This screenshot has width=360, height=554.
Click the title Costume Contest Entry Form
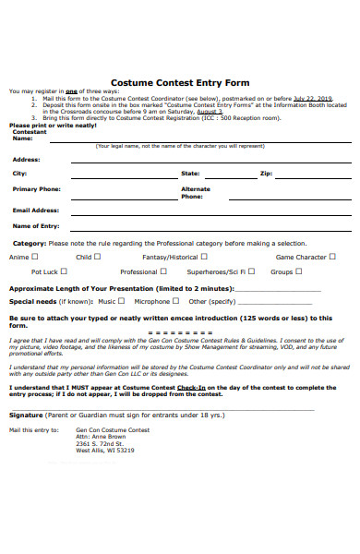click(180, 81)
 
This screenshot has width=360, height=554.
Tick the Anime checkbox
click(34, 257)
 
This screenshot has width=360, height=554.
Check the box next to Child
click(99, 257)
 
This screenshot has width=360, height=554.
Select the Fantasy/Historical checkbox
click(204, 257)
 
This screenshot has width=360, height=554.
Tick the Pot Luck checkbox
click(64, 271)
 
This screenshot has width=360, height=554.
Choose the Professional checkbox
click(163, 271)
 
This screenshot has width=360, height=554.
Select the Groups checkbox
click(300, 271)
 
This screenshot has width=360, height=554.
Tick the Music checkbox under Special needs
click(121, 301)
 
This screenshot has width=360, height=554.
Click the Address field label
click(26, 159)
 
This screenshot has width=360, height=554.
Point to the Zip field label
click(266, 173)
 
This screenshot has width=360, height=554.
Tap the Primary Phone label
click(37, 188)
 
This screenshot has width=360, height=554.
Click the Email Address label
click(36, 210)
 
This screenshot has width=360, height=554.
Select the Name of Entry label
click(36, 225)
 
